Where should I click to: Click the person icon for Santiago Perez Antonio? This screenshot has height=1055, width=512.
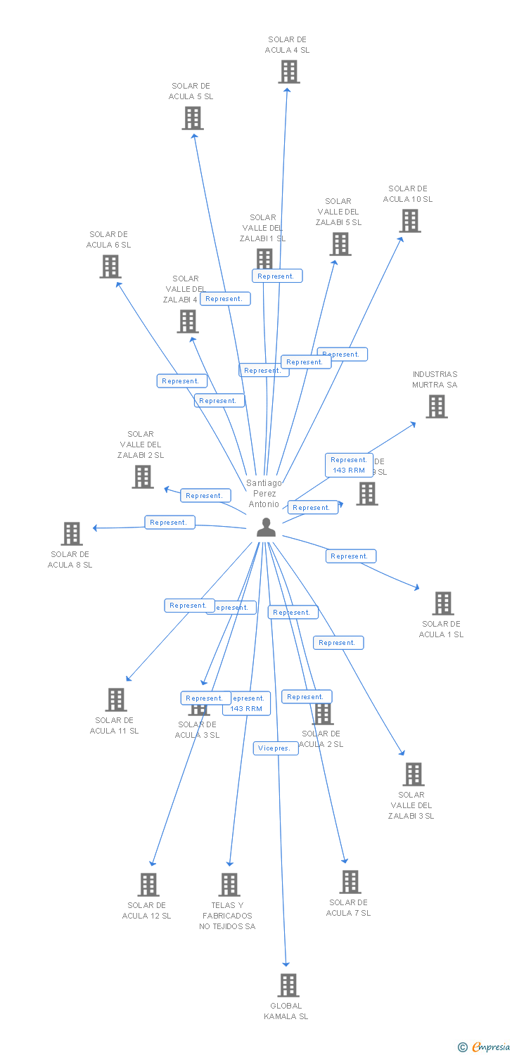(x=266, y=527)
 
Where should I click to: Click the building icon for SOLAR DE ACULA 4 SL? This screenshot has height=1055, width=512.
(x=288, y=72)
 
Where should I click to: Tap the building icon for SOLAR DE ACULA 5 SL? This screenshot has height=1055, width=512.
(x=193, y=118)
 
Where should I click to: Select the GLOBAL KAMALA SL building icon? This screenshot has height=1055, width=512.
(x=288, y=985)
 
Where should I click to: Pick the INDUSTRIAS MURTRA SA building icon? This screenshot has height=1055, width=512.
(x=436, y=407)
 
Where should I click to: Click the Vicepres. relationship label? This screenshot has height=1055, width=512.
(x=276, y=748)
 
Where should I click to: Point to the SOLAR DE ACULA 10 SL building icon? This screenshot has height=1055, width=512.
(x=409, y=221)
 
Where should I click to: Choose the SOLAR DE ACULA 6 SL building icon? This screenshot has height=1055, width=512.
(x=110, y=267)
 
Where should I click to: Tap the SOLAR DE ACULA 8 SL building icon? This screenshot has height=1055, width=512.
(x=71, y=534)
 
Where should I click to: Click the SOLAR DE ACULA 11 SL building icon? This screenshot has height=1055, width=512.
(x=116, y=700)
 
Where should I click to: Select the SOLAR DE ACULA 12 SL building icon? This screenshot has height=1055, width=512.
(x=148, y=885)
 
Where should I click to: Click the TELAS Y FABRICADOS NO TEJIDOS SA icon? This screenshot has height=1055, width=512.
(x=229, y=885)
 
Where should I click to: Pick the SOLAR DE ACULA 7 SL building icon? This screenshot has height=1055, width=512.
(x=350, y=882)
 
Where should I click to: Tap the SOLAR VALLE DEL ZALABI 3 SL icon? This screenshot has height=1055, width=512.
(x=413, y=774)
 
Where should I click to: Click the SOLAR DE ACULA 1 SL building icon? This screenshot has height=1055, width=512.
(x=442, y=603)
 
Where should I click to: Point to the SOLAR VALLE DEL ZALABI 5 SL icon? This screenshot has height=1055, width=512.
(x=340, y=244)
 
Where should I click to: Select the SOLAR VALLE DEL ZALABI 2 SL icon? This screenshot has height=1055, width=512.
(x=143, y=477)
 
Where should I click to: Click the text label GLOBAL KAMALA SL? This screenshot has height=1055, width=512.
(x=286, y=1011)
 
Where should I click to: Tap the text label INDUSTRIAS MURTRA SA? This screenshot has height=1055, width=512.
(x=435, y=380)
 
